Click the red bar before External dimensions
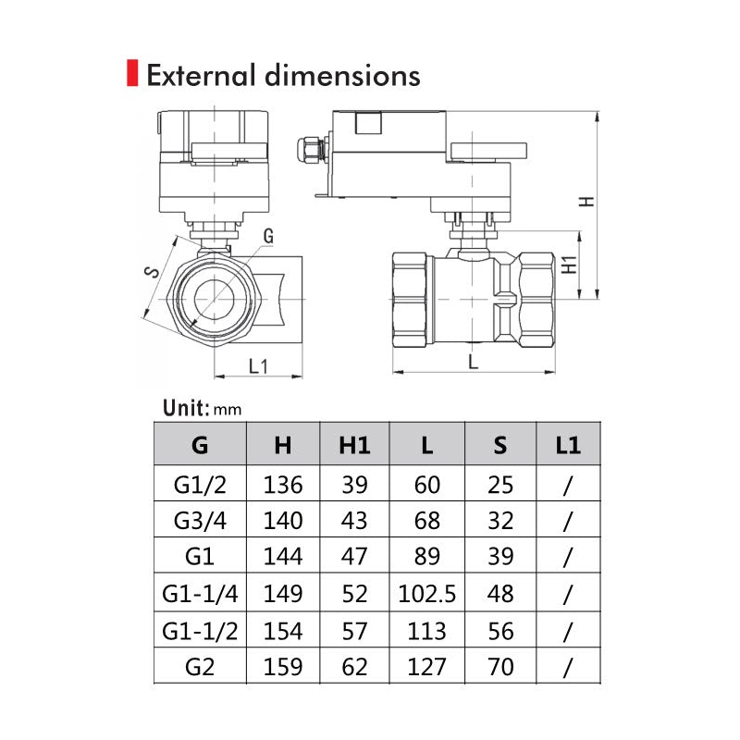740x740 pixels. (x=131, y=73)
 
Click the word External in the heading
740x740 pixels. (x=198, y=74)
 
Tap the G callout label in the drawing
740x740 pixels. (x=267, y=236)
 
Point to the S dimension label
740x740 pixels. (x=153, y=271)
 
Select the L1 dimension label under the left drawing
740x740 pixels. (x=258, y=364)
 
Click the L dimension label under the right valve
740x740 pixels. (x=474, y=362)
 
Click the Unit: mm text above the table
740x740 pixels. (x=202, y=408)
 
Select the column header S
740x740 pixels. (x=500, y=445)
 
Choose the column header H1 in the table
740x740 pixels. (x=354, y=445)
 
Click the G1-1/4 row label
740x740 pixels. (x=200, y=593)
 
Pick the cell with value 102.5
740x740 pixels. (x=426, y=593)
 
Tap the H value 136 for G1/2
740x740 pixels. (x=283, y=484)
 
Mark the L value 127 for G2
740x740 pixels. (x=426, y=665)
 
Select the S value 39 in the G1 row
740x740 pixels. (x=500, y=557)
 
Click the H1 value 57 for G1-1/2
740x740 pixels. (x=354, y=630)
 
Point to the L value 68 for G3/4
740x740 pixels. (x=426, y=521)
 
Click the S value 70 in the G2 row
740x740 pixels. (x=500, y=665)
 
